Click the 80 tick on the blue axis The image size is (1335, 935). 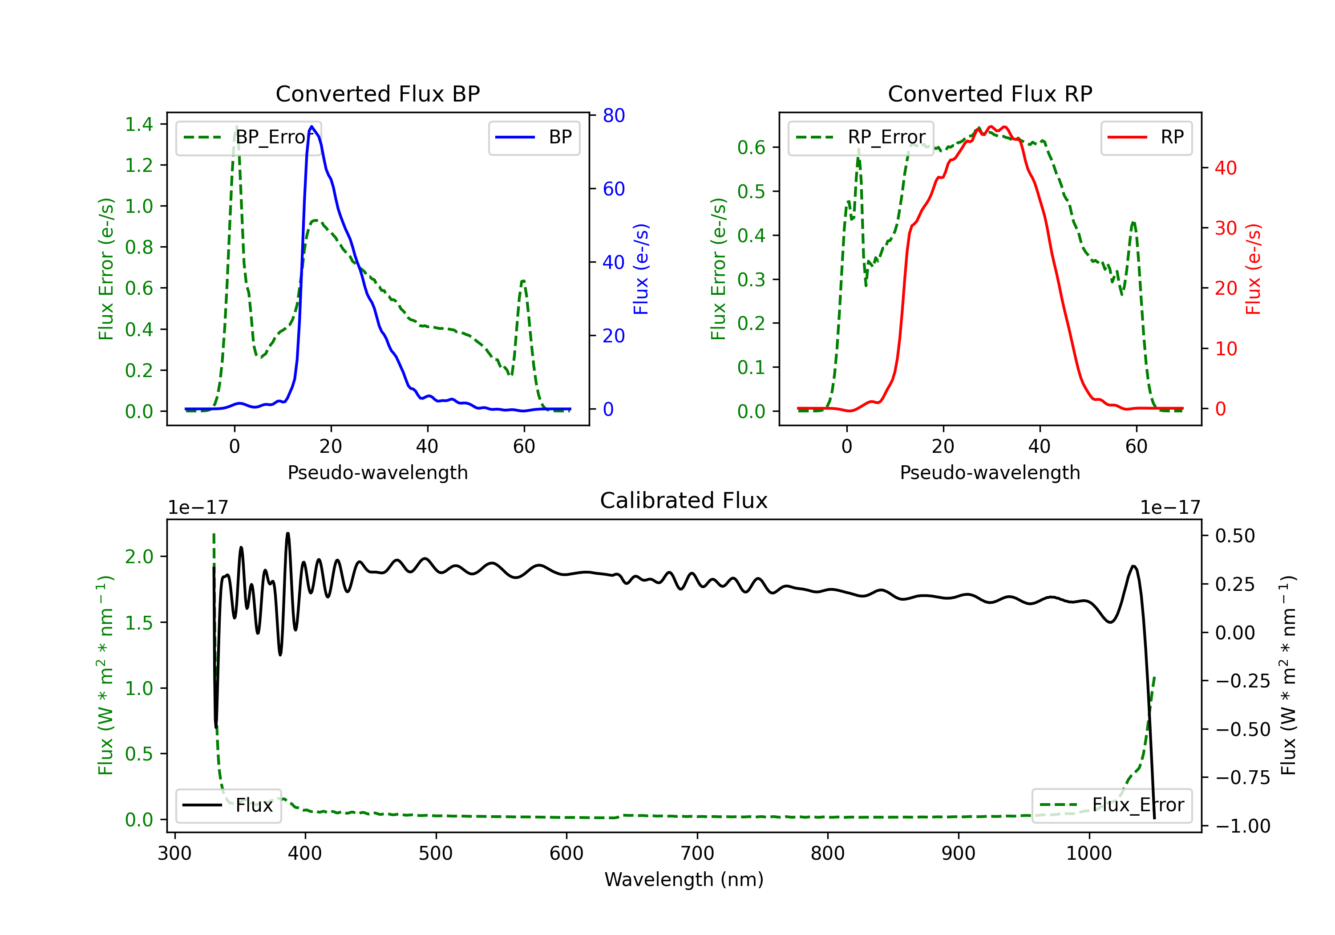coord(613,116)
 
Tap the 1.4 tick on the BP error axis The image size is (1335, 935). coord(139,124)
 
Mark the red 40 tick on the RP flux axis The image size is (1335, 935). coord(1226,168)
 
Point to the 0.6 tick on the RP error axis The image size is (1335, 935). coord(751,148)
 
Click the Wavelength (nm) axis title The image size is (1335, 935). coord(684,879)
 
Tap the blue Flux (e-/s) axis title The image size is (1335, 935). coord(641,269)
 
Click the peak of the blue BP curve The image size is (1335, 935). coord(311,126)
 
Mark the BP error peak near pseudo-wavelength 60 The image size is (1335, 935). coord(523,281)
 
